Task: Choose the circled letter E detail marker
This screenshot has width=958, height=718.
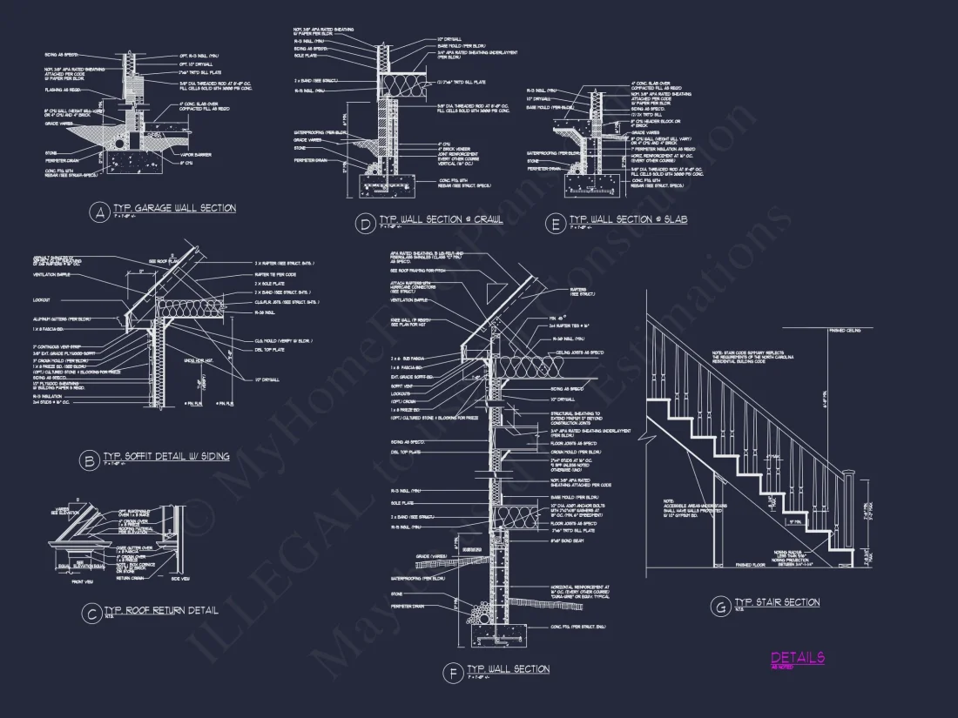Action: point(553,222)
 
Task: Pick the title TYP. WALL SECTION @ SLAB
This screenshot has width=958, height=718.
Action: point(628,219)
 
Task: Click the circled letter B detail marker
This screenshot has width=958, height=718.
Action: point(88,460)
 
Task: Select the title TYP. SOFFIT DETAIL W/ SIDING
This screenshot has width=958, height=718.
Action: point(166,456)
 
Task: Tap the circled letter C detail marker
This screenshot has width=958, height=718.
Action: point(91,614)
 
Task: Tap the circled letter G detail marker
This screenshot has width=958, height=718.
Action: point(719,606)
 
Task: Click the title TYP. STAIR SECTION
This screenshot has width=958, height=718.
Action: point(777,602)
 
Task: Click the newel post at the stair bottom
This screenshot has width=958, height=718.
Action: point(851,513)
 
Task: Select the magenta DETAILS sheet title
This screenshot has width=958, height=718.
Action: point(797,658)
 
